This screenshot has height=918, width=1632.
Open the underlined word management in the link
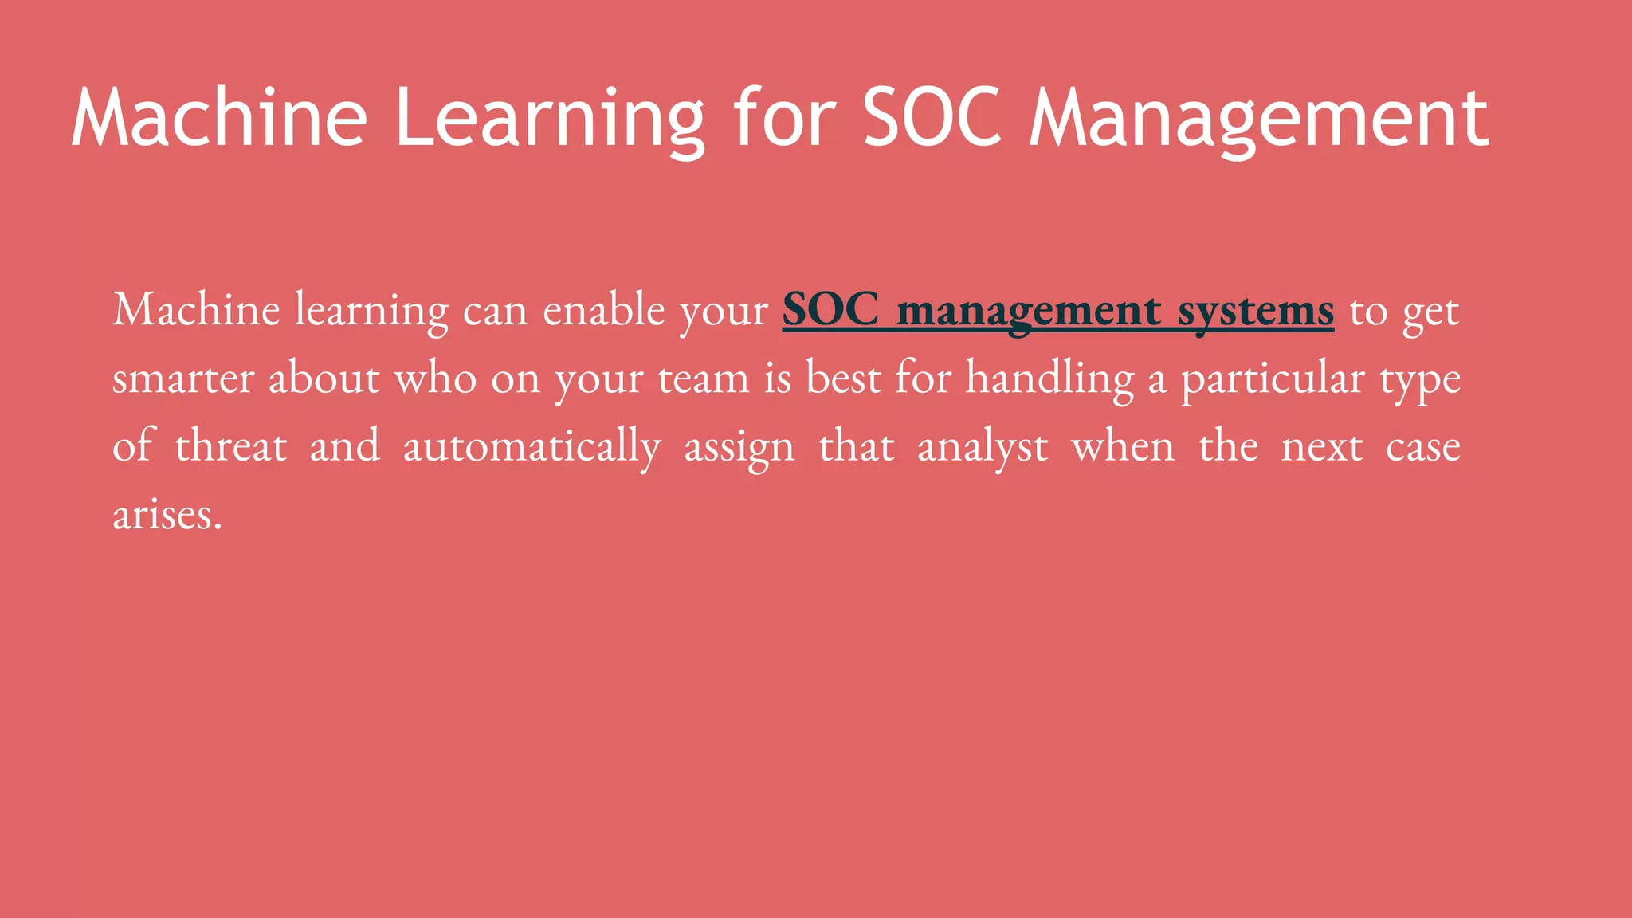[1028, 311]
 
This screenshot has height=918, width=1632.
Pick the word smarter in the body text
[182, 379]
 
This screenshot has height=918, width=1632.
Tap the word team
[704, 379]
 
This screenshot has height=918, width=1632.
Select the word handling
[1049, 379]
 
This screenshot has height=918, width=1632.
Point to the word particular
[1273, 379]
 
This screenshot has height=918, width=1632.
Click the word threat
[231, 446]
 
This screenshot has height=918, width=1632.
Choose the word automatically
[532, 446]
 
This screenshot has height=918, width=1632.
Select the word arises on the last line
[167, 515]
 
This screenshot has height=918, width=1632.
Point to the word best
[843, 379]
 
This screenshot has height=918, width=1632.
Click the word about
[324, 379]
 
